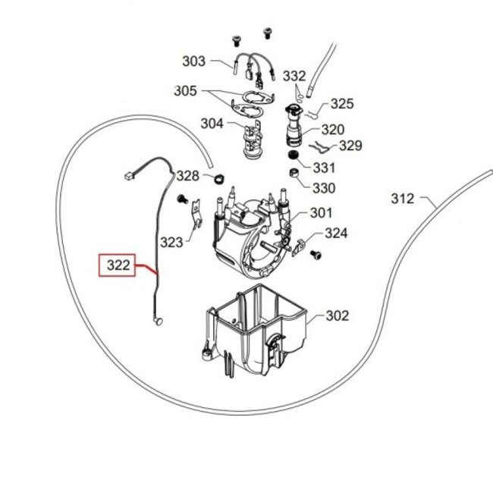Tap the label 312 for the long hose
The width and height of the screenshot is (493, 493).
403,199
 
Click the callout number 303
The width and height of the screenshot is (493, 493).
194,61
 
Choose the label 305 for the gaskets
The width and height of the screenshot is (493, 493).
185,91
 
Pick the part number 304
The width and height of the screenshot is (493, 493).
212,123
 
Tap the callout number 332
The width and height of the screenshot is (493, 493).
294,76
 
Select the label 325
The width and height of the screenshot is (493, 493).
342,103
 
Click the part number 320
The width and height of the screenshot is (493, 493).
332,130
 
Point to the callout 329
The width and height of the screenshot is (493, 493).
350,146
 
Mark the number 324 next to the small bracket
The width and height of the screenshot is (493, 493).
336,234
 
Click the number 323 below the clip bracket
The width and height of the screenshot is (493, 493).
172,242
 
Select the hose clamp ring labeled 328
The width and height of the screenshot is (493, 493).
215,179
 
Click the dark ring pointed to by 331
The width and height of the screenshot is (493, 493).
293,155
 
